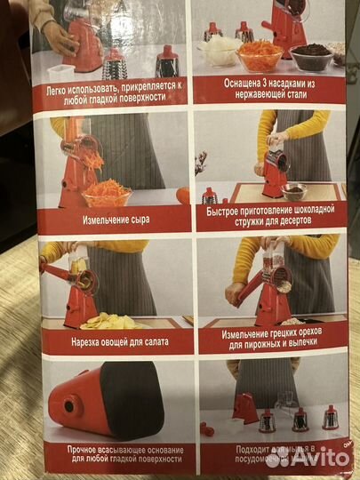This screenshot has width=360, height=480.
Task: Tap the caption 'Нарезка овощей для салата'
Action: (x=113, y=341)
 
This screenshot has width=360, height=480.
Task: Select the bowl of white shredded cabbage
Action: (x=220, y=52)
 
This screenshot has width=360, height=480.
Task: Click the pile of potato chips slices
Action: (x=110, y=321)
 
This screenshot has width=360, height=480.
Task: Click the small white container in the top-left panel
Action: (x=61, y=72)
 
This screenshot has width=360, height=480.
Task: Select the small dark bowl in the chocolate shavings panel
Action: (x=295, y=190)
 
